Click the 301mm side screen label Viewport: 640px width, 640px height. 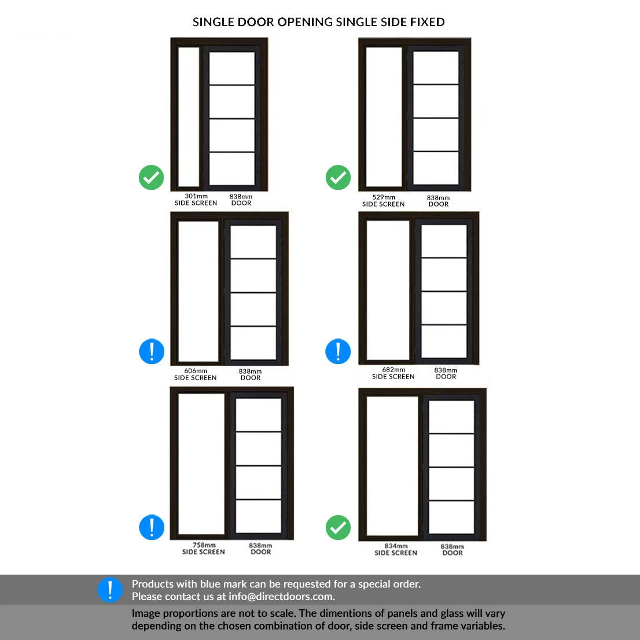(196, 200)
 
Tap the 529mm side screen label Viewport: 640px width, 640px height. (383, 201)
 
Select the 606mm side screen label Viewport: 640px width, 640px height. (196, 374)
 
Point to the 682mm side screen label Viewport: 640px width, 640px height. (393, 373)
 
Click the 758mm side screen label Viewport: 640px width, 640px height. (203, 549)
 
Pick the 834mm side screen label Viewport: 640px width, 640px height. (396, 549)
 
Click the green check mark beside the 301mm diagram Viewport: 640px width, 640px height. (152, 178)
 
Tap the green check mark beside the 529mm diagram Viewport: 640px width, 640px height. (338, 178)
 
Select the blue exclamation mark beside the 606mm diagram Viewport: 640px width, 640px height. (152, 351)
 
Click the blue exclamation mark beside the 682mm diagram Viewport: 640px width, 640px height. (338, 351)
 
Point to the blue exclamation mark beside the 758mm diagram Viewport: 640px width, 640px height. (152, 527)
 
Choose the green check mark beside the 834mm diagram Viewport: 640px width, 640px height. (338, 527)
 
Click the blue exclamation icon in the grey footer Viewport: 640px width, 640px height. (110, 590)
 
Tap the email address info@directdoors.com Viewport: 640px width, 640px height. (281, 597)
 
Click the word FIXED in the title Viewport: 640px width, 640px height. (428, 22)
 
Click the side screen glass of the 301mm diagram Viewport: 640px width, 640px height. (189, 117)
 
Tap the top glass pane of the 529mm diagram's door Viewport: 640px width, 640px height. (436, 67)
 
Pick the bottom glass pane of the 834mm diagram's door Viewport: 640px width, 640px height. (451, 517)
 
